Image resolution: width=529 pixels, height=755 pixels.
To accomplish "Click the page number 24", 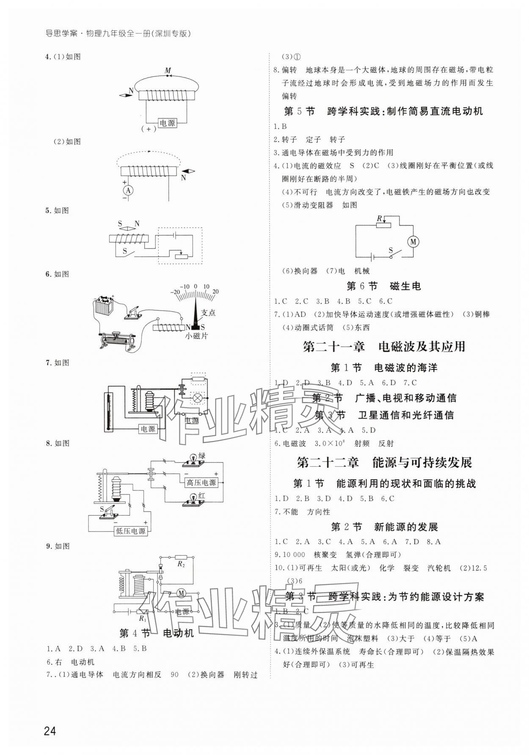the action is click(x=50, y=730).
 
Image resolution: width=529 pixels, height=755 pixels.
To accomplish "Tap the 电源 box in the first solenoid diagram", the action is click(x=167, y=123).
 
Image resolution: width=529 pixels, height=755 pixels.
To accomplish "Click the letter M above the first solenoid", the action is click(x=168, y=70).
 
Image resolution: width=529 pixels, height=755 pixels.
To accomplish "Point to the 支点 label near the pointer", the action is click(x=208, y=313).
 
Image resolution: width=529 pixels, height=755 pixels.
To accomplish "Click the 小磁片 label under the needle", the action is click(x=196, y=336).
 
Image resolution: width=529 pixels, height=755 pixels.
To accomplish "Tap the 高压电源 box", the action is click(x=201, y=482).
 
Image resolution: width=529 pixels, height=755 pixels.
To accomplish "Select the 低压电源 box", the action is click(x=130, y=531).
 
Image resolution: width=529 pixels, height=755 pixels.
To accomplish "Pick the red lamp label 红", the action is click(x=201, y=496).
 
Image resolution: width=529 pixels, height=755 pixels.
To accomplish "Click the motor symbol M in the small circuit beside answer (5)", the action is click(x=413, y=242).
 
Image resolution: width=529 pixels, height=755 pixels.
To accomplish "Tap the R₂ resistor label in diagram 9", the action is click(x=181, y=564).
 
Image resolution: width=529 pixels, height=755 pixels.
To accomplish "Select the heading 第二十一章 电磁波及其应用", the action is click(x=384, y=347).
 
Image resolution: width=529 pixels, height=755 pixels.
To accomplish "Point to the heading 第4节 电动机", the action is click(x=156, y=633).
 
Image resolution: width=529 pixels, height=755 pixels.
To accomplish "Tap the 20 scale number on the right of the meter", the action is click(x=215, y=292).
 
